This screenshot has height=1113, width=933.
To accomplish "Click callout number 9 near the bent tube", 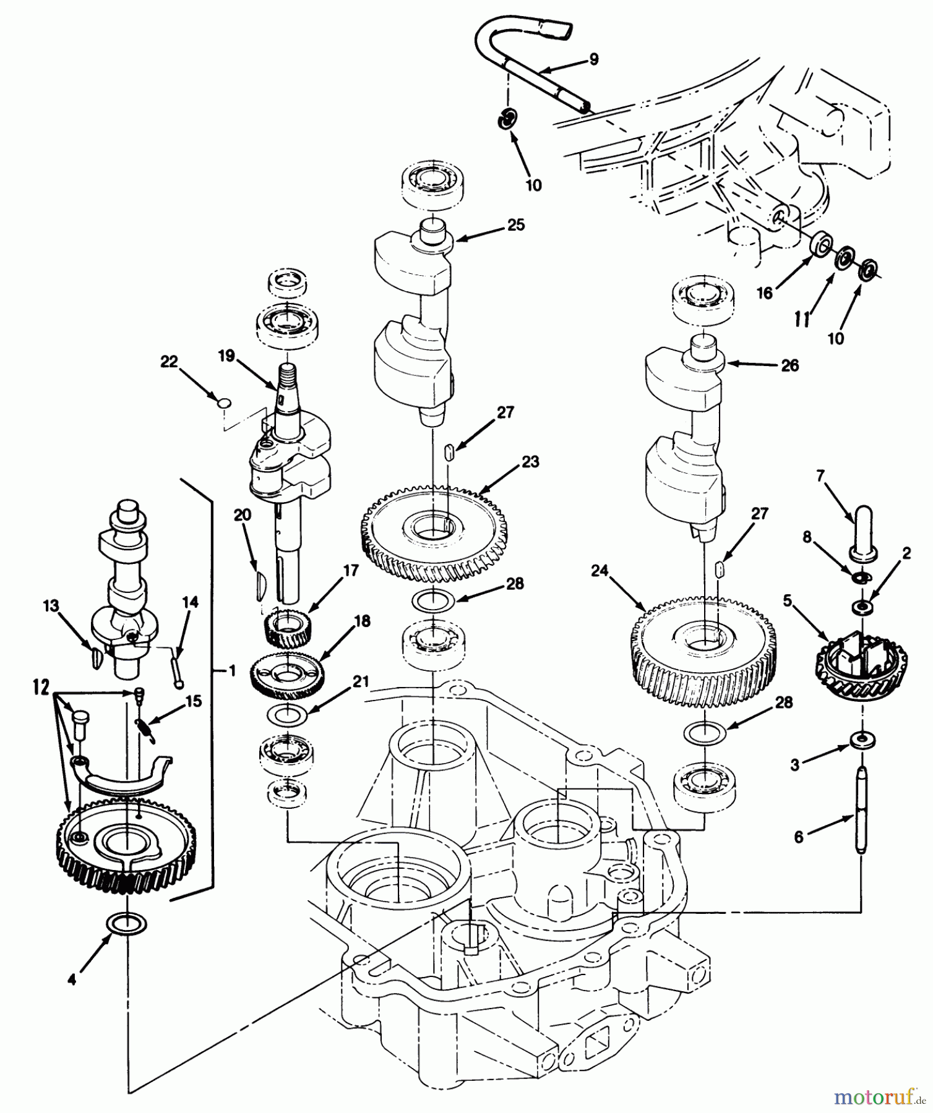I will point(593,59).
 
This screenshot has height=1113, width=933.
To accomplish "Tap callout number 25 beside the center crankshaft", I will point(515,225).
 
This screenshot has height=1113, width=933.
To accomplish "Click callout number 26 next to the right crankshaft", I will point(789,365).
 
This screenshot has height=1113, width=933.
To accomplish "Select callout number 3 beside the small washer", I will point(795,765).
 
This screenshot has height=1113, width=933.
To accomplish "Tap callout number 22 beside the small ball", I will point(169,362).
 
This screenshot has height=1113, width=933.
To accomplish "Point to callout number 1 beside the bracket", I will point(232,670).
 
